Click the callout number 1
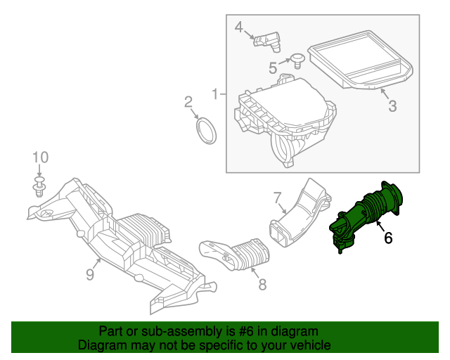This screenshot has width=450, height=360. click(x=215, y=94)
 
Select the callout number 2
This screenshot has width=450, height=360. click(x=188, y=103)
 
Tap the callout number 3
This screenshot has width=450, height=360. click(x=392, y=106)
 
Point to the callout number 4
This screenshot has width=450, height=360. click(x=239, y=27)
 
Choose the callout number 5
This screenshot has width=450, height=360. click(x=273, y=67)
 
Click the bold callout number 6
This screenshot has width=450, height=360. click(x=387, y=238)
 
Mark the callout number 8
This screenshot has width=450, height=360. click(x=262, y=285)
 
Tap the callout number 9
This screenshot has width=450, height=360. click(x=90, y=274)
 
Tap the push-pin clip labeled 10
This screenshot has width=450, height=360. click(x=40, y=188)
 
